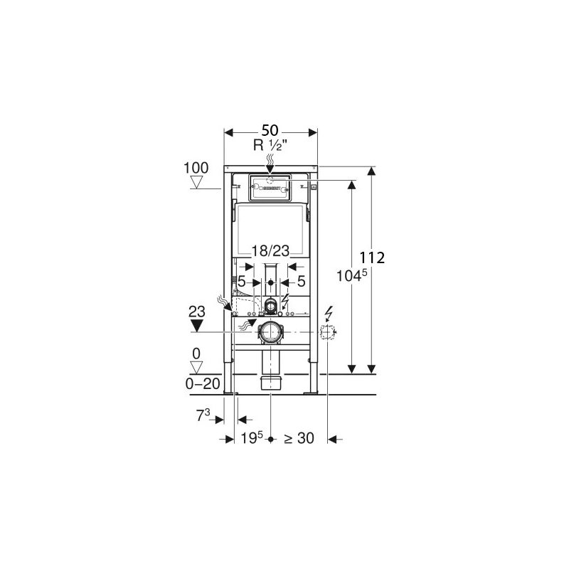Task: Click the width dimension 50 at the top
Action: tap(270, 130)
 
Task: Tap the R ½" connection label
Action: tap(270, 146)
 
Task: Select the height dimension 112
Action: tap(372, 258)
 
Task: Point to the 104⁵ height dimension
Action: tap(352, 275)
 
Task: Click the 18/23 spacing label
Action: tap(270, 251)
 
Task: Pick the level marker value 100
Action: tap(196, 168)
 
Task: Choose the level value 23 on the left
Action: tap(197, 312)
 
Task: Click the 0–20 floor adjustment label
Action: tap(203, 383)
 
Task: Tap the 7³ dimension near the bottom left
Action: tap(203, 416)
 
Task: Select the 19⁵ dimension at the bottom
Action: tap(252, 438)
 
